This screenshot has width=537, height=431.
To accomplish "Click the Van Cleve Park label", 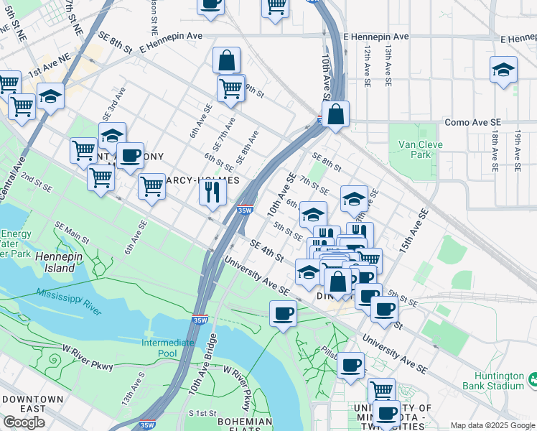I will click(414, 149).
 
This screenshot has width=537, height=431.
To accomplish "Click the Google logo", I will click(24, 422).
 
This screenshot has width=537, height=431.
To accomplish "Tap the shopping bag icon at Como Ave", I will click(335, 113).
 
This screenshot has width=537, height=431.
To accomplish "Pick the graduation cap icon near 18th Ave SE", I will click(503, 70).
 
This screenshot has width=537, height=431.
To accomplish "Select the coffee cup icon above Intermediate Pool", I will click(284, 313).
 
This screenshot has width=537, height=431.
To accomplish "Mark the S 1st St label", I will click(202, 413).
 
